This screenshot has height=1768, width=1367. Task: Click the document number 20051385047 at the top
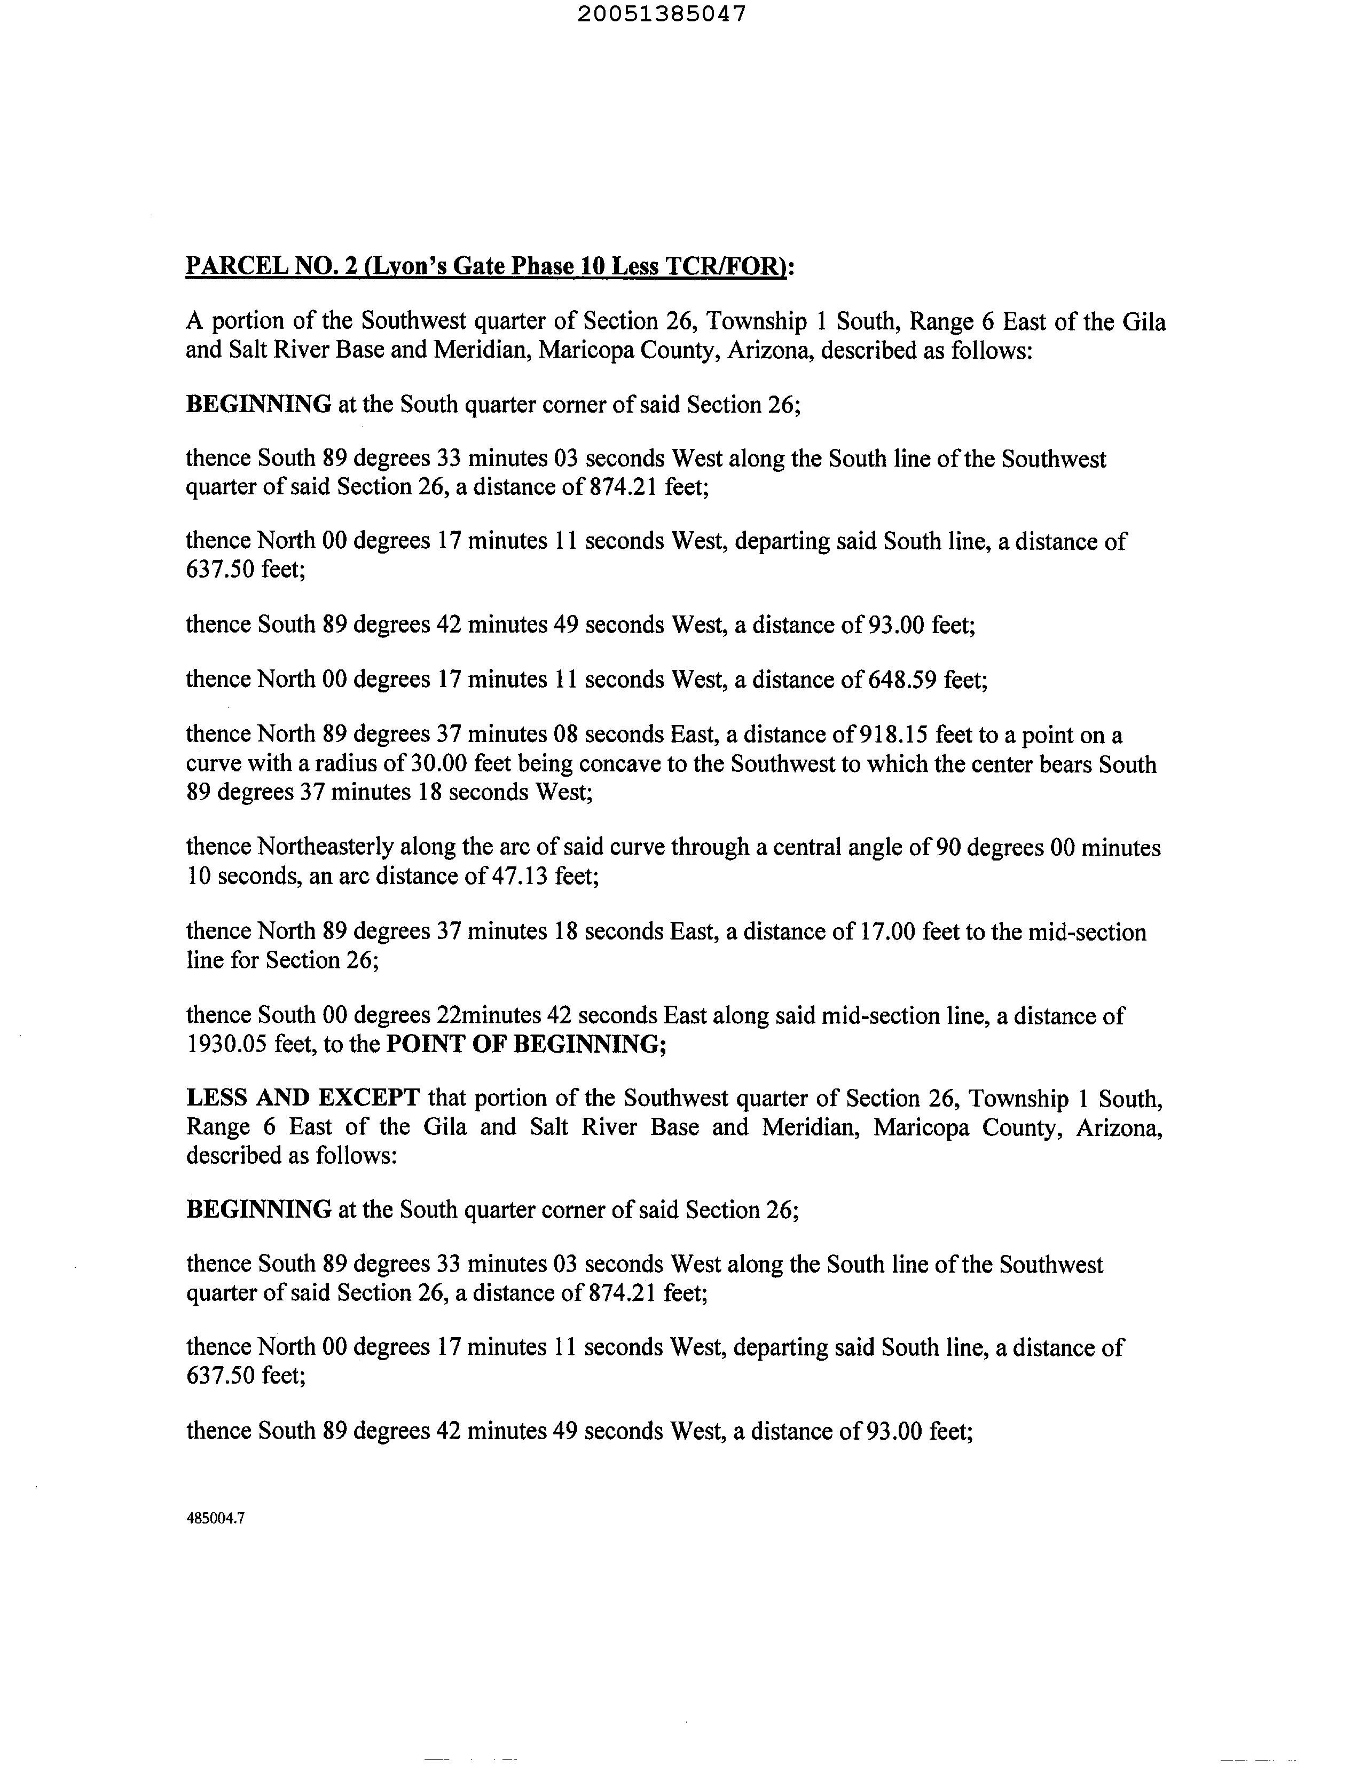click(662, 14)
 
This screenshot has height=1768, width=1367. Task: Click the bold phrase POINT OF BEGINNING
click(527, 1044)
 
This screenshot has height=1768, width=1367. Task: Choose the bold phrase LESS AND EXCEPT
click(302, 1098)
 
